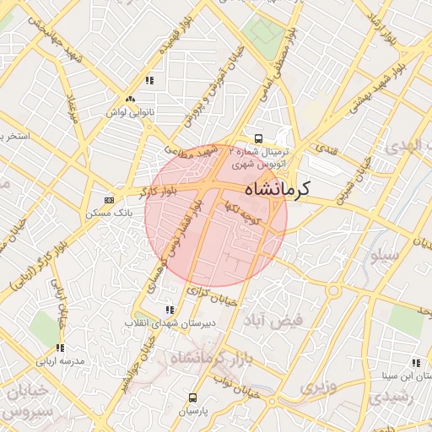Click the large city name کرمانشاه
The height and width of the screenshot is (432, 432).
(x=275, y=189)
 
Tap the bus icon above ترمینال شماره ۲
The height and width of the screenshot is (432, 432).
(x=258, y=138)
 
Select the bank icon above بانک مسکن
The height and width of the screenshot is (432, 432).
(x=109, y=200)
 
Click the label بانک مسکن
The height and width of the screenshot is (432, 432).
(x=105, y=213)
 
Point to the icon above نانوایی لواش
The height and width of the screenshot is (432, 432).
(x=128, y=98)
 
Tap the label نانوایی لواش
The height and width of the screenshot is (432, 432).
(x=127, y=111)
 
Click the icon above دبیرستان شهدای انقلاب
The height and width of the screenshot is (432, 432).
(x=170, y=310)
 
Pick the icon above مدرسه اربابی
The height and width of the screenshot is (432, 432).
(x=60, y=348)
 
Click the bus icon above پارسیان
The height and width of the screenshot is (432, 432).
(x=193, y=397)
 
